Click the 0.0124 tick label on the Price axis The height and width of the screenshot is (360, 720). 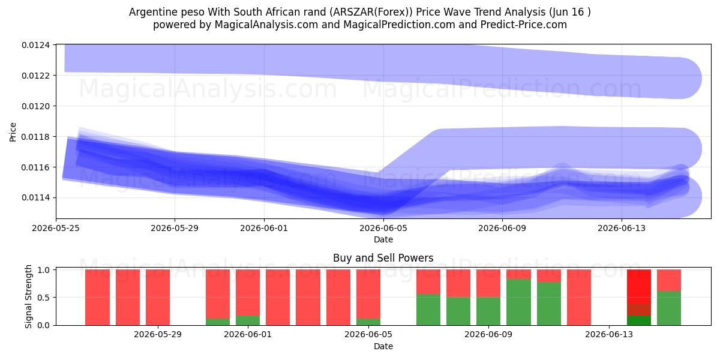tap(35, 45)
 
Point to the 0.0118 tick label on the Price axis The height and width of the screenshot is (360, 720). tap(35, 137)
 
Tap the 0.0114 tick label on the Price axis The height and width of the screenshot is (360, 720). tap(35, 197)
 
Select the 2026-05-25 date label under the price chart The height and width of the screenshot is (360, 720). tap(56, 228)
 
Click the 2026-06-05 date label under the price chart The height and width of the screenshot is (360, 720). tap(383, 228)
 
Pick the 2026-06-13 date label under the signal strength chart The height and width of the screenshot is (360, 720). tap(609, 334)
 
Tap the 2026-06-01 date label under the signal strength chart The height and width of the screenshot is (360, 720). tap(248, 334)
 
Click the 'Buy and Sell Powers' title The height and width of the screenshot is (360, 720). tap(383, 258)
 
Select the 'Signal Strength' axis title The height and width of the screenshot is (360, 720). tap(28, 296)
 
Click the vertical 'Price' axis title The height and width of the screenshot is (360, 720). tap(13, 132)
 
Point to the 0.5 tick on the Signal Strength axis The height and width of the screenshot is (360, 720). tap(44, 298)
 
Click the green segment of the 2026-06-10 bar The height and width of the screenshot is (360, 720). tap(518, 302)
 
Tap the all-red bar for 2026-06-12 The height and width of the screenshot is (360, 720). tap(579, 298)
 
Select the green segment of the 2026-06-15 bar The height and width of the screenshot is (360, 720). tap(669, 308)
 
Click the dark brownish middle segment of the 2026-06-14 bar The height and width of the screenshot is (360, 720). tap(639, 310)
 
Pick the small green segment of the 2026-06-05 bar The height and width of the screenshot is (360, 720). tap(368, 322)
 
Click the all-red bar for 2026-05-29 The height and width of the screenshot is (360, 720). tap(158, 298)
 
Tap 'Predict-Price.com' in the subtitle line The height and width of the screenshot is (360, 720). tap(524, 25)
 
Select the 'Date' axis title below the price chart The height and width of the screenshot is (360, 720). tap(383, 239)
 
